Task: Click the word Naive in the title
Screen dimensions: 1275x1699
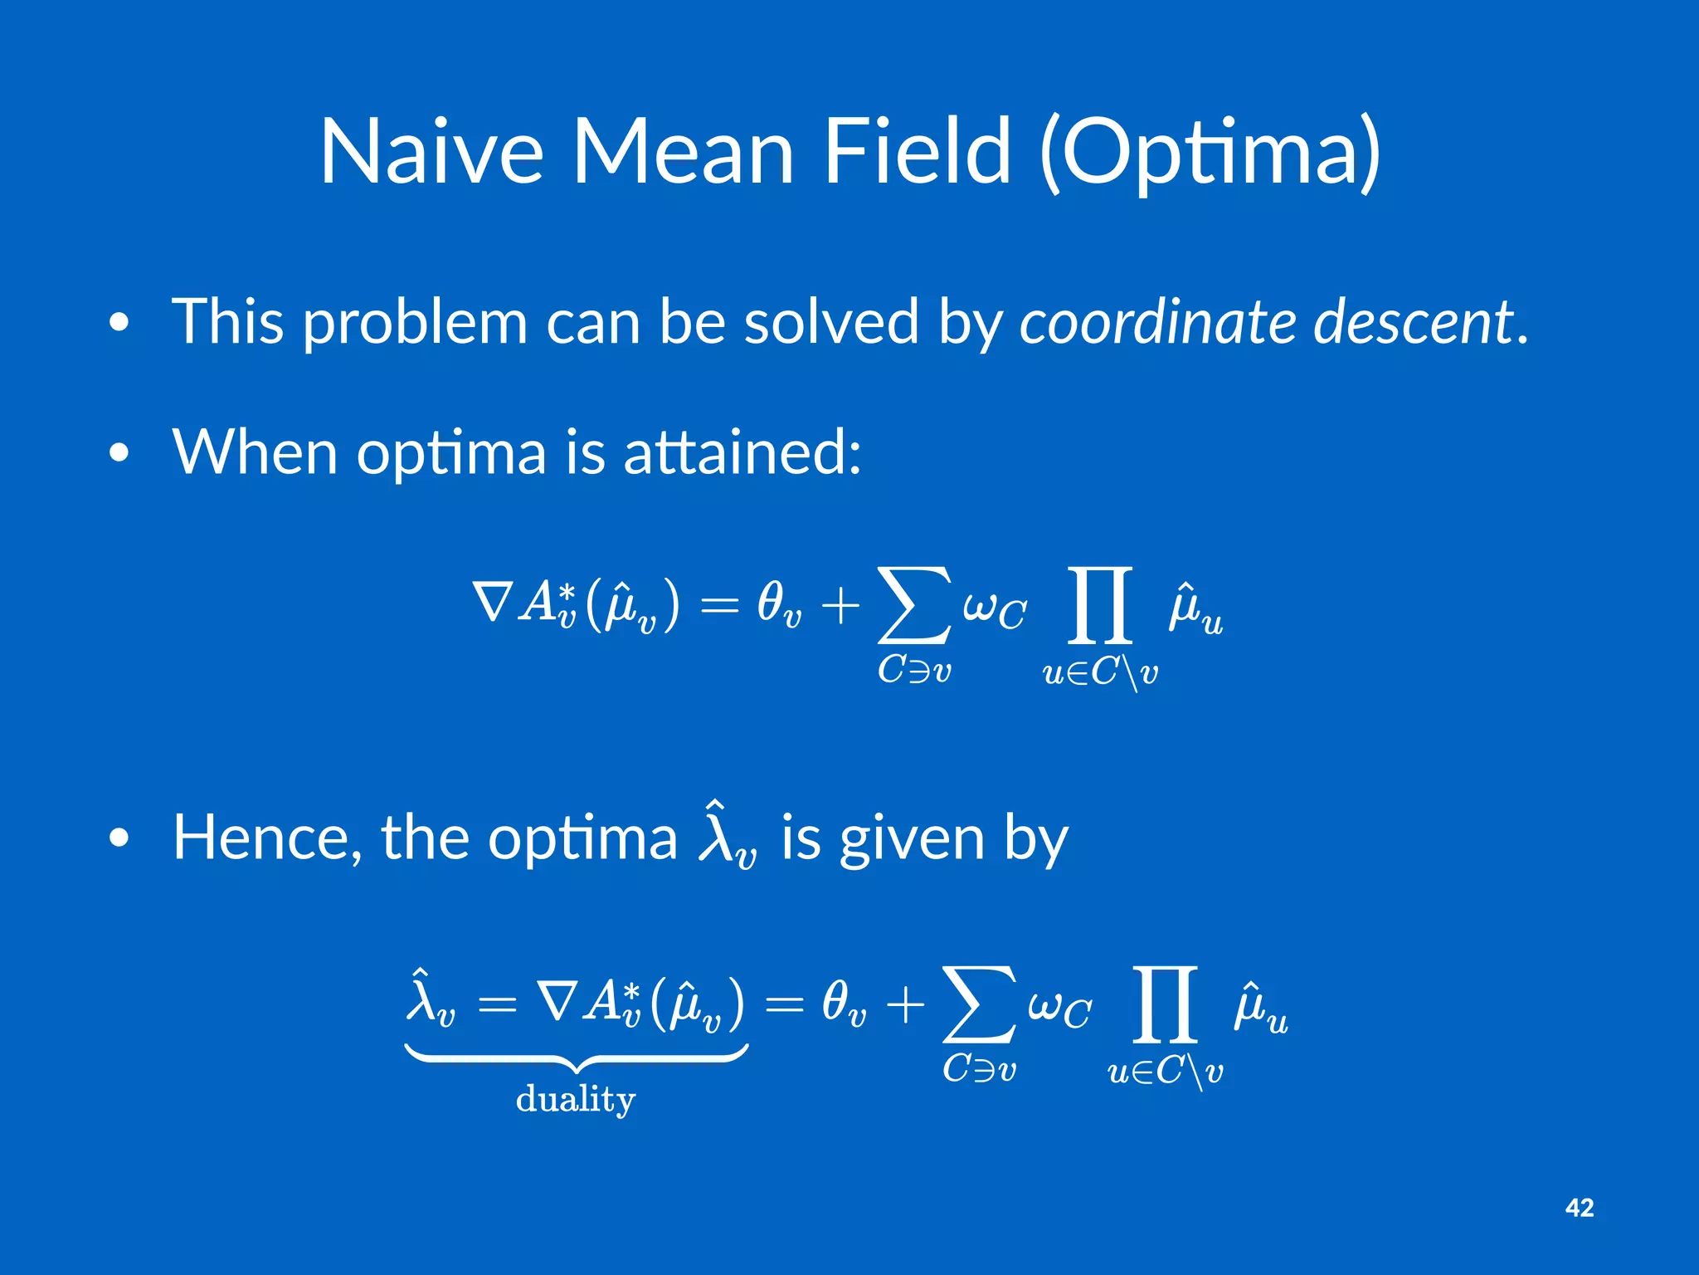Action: pos(431,151)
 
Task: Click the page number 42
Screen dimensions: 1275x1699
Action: pos(1580,1208)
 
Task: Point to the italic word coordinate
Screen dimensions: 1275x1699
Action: pos(1156,322)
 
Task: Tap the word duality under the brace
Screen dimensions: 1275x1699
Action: pos(575,1099)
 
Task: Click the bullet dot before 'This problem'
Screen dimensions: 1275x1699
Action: pos(119,323)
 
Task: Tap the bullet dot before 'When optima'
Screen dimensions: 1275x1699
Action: pos(119,453)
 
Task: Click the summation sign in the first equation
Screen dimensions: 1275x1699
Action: pos(913,605)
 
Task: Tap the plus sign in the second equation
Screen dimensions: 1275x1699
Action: pos(905,1005)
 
